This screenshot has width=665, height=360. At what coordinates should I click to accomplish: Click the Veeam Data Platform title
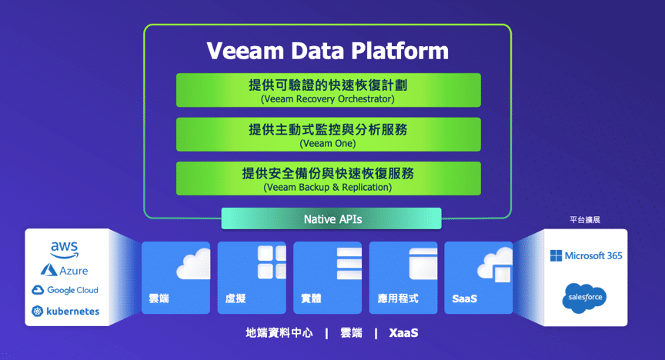[327, 51]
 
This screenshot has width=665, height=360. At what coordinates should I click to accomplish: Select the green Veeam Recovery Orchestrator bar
[328, 90]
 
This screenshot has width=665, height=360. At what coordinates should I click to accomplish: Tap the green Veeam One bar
[328, 135]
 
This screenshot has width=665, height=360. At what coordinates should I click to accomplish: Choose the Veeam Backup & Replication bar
[328, 178]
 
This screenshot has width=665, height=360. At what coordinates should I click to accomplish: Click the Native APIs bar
[331, 218]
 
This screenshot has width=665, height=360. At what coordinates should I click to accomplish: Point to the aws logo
[65, 249]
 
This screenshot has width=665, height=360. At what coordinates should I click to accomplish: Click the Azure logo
[65, 270]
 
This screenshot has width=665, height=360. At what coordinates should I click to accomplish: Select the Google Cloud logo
[65, 290]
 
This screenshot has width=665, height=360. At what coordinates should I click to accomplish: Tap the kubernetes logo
[65, 312]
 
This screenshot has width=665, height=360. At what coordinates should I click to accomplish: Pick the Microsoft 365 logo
[586, 255]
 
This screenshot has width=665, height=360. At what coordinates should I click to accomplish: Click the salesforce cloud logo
[585, 298]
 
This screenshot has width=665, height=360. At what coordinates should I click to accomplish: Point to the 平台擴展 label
[585, 220]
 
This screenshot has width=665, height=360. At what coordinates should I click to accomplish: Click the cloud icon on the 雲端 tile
[193, 264]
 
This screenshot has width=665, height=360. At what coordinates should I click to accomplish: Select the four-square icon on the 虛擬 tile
[272, 262]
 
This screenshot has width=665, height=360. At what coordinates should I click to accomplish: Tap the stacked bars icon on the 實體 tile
[349, 264]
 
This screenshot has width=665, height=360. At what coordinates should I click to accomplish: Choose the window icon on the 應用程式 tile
[423, 264]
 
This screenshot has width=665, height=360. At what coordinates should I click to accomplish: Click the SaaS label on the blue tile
[464, 298]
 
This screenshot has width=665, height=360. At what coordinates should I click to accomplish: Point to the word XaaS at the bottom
[403, 333]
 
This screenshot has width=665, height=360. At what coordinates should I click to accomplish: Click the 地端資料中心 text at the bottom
[279, 333]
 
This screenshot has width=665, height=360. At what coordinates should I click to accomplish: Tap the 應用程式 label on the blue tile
[398, 298]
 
